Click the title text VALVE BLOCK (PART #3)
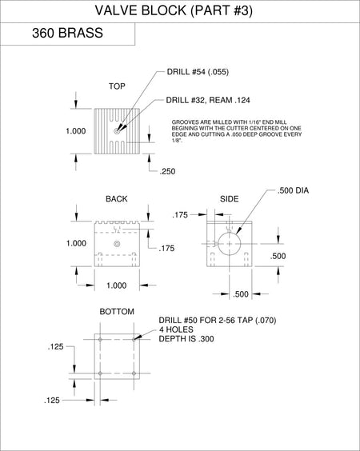[x=174, y=10]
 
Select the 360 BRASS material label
[x=67, y=33]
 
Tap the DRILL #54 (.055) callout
[x=198, y=72]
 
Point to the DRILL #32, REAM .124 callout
[x=208, y=100]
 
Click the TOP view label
[x=117, y=86]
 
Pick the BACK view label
[x=117, y=199]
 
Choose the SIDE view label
[x=230, y=199]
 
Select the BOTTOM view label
[x=117, y=312]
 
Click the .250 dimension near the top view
[x=167, y=171]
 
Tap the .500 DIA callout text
[x=293, y=190]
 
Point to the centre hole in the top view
[x=117, y=131]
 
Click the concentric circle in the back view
[x=117, y=244]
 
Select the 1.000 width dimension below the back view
[x=117, y=285]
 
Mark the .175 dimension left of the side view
[x=180, y=215]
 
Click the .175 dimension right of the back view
[x=166, y=248]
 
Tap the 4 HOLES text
[x=177, y=329]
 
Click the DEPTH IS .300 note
[x=186, y=339]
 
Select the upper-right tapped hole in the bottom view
[x=134, y=340]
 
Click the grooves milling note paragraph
[x=237, y=131]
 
